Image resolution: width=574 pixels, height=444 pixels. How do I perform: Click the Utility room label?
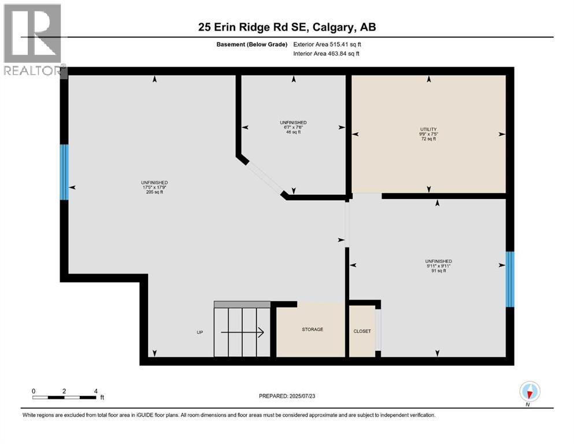[x=428, y=129]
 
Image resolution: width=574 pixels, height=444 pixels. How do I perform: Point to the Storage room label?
[x=312, y=330]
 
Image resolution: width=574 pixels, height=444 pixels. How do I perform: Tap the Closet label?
[x=362, y=331]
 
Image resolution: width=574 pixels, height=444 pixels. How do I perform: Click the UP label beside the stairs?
[x=199, y=332]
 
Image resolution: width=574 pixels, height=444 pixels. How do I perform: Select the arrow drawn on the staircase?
[x=242, y=332]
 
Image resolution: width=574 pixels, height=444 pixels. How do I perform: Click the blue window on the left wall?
[x=64, y=172]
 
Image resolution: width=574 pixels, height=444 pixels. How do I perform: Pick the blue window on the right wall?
[x=509, y=279]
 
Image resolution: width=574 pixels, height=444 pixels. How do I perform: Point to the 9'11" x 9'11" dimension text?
[x=438, y=266]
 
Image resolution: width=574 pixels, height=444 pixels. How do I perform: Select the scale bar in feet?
[x=64, y=397]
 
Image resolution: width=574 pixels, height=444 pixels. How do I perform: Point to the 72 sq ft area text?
[x=428, y=139]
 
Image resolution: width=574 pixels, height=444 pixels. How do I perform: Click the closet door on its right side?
[x=378, y=330]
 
